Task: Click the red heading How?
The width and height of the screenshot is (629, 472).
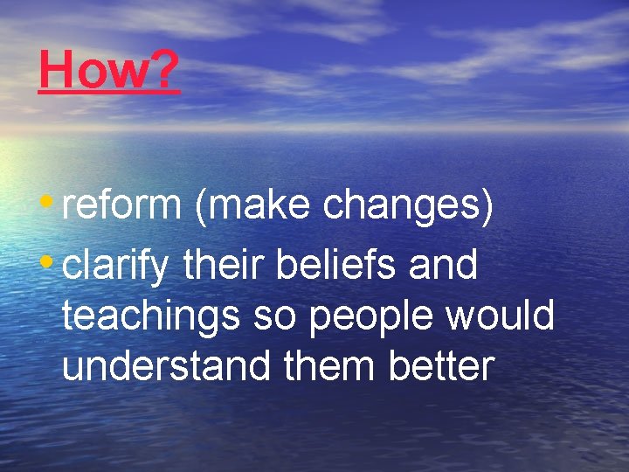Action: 109,70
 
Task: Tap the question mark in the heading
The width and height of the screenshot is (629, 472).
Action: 165,70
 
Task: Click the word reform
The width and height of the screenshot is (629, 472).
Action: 121,205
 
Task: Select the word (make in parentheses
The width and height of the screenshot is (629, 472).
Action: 252,206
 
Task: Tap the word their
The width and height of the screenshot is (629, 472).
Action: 224,264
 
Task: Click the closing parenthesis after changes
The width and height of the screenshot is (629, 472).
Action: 487,206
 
